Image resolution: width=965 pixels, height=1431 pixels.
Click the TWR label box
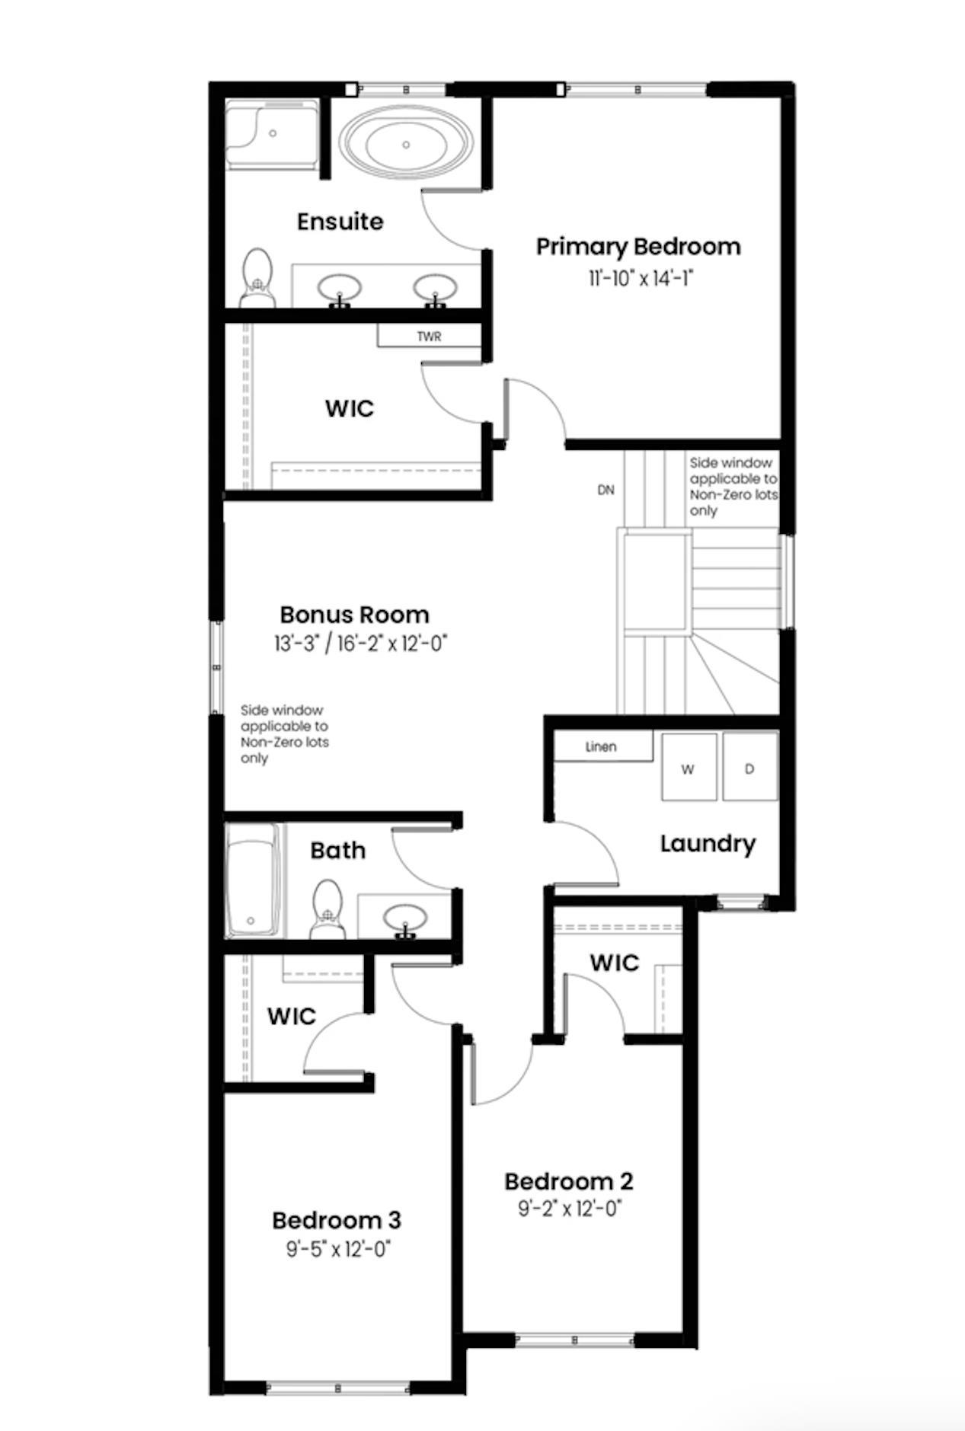pos(429,336)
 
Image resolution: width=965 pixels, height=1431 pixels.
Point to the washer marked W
pos(688,768)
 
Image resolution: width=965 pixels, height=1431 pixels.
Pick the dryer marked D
pos(749,768)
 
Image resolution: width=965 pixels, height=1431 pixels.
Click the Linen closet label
pos(602,746)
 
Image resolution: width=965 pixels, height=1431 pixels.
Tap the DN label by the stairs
pos(606,490)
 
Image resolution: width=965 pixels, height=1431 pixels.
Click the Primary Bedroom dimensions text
pos(639,279)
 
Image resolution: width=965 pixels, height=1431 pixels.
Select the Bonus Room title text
pos(354,614)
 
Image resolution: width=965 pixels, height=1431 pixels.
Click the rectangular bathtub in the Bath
pos(252,879)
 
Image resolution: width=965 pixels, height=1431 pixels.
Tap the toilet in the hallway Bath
pos(328,909)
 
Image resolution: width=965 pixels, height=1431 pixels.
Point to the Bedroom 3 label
pos(336,1220)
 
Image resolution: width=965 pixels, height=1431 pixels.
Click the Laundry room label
pos(707,843)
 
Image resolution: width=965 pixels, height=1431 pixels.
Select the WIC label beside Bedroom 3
pos(291,1016)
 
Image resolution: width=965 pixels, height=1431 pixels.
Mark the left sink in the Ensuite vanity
pos(340,289)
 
